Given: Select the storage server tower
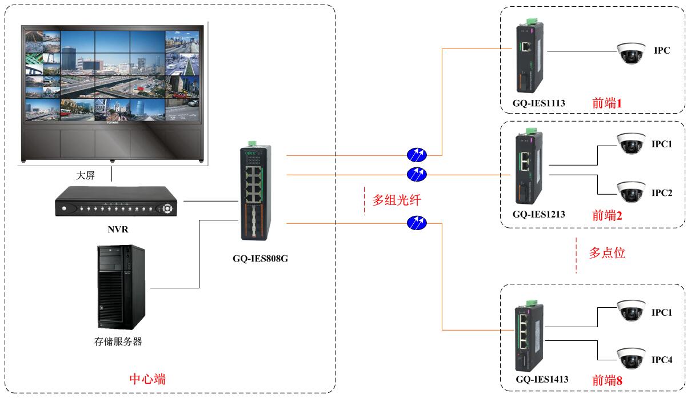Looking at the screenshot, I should [x=121, y=286].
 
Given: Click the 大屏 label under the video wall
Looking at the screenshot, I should [x=86, y=175].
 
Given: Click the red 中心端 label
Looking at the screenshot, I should [x=148, y=379].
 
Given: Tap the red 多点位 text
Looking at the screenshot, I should [x=608, y=252].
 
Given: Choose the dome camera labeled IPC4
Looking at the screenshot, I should [x=630, y=357].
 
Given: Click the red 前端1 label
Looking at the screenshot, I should [x=607, y=103].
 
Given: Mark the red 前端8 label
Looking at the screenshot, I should [x=607, y=380].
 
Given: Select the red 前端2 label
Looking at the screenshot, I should [x=607, y=215].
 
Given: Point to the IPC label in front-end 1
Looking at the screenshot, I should [x=662, y=51].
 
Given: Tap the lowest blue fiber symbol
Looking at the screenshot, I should [x=417, y=223].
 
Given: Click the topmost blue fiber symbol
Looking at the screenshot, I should [x=417, y=154].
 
